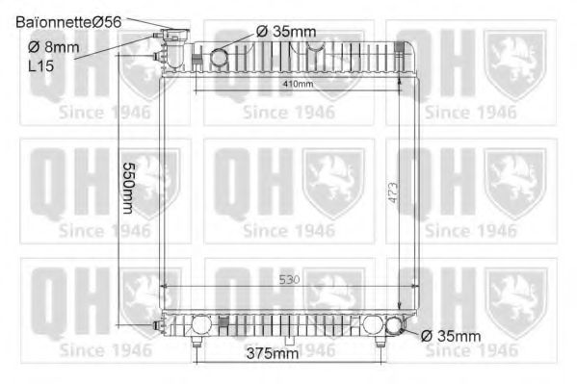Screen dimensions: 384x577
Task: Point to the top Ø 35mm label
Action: [286, 32]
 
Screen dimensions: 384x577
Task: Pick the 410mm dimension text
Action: [299, 84]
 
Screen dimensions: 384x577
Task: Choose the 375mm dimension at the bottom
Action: [271, 354]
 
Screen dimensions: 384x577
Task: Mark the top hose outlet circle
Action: [220, 59]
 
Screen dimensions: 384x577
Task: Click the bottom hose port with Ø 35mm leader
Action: [394, 326]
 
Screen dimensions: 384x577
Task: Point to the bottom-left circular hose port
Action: [200, 326]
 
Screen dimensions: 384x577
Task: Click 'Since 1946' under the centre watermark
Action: [288, 231]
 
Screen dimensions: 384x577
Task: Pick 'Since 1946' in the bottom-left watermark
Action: [104, 352]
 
